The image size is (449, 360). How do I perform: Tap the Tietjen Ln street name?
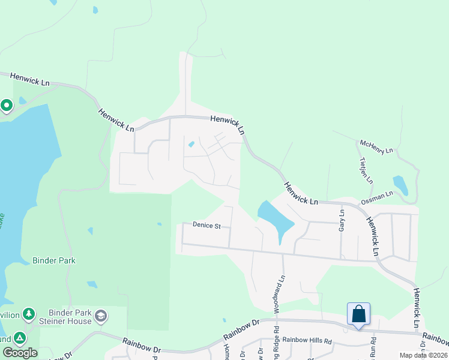[x=365, y=171]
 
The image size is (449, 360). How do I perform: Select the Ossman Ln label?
[x=376, y=198]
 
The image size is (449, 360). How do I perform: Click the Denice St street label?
[x=207, y=226]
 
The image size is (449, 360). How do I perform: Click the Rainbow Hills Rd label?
[x=307, y=341]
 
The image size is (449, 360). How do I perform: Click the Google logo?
[x=20, y=353]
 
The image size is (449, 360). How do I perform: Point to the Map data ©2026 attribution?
[x=423, y=355]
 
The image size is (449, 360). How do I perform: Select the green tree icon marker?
[x=28, y=314]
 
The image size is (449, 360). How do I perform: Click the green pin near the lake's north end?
[x=7, y=106]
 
